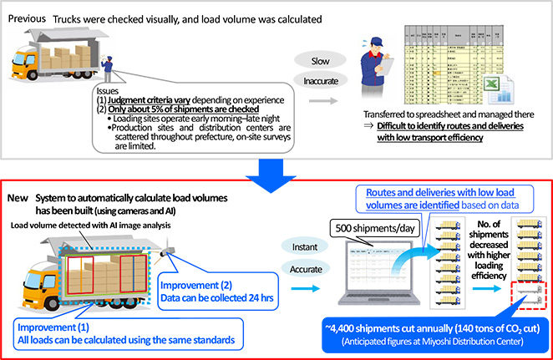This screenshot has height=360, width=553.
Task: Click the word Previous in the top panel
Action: [27, 18]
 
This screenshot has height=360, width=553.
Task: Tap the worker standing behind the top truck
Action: [106, 71]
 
